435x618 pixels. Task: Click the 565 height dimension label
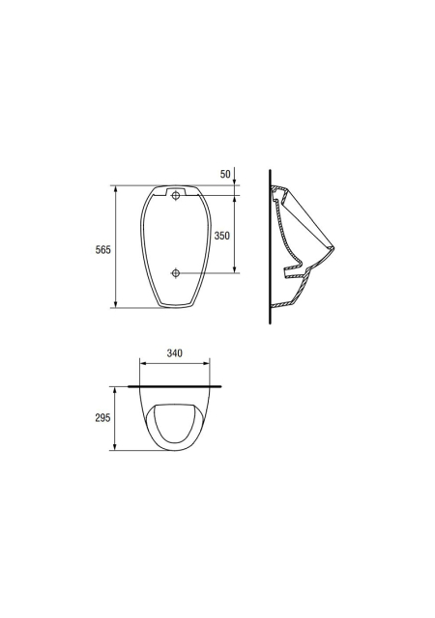point(103,249)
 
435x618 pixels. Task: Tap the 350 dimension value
point(221,236)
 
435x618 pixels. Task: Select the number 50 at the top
point(225,174)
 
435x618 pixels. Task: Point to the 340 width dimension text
point(174,353)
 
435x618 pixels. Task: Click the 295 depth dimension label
point(102,418)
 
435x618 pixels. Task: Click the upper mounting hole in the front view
point(176,195)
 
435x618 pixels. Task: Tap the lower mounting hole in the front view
point(176,272)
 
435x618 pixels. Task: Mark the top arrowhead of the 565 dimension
point(116,189)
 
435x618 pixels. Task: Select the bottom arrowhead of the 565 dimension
point(116,304)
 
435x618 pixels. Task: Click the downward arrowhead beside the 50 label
point(235,182)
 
